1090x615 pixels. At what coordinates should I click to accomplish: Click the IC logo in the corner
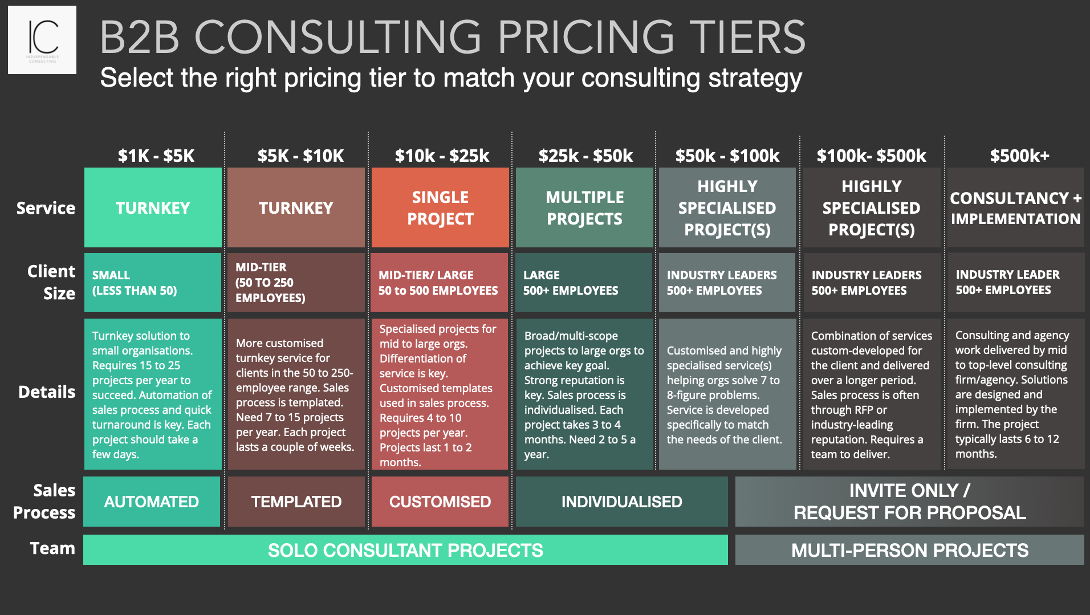(42, 40)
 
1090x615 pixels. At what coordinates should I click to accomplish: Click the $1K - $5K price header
(156, 156)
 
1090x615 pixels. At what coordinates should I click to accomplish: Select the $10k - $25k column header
(442, 156)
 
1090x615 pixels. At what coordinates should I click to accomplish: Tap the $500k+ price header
(1019, 156)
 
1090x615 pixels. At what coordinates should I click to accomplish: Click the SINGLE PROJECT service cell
(440, 207)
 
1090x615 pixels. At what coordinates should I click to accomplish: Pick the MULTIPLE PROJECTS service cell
(584, 207)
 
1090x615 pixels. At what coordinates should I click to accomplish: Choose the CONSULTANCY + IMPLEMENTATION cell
(1015, 208)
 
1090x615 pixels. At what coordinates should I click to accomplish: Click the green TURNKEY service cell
(153, 207)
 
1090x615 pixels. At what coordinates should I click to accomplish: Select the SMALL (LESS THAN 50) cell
(152, 283)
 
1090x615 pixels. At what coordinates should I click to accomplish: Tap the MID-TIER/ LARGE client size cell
(439, 283)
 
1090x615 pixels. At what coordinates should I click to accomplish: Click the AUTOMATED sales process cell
(152, 502)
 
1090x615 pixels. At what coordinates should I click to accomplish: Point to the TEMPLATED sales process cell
(296, 502)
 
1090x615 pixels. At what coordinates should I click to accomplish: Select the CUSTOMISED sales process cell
(440, 502)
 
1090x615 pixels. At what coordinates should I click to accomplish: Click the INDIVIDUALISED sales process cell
(621, 502)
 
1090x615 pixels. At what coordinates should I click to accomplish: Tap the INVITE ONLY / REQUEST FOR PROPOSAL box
(909, 502)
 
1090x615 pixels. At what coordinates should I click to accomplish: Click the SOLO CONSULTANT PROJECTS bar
(405, 550)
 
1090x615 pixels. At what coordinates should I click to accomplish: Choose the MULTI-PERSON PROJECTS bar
(909, 550)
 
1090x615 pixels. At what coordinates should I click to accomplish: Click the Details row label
(47, 392)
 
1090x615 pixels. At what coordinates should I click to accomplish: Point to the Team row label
(52, 548)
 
